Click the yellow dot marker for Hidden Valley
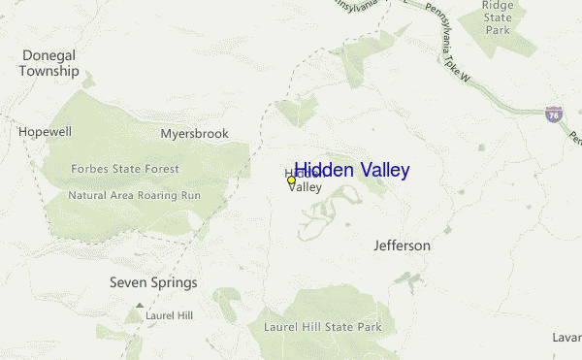tap(291, 180)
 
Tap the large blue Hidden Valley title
tap(351, 170)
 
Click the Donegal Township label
tap(48, 63)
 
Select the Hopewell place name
tap(45, 131)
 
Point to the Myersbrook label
tap(194, 133)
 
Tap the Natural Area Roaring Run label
tap(134, 194)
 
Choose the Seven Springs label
tap(153, 283)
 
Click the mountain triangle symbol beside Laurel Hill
tap(139, 306)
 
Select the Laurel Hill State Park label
tap(323, 327)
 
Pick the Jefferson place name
tap(402, 245)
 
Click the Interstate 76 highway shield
tap(553, 115)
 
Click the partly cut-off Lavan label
tap(566, 336)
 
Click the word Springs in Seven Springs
tap(174, 283)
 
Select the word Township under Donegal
tap(48, 71)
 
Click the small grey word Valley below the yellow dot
tap(305, 187)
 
